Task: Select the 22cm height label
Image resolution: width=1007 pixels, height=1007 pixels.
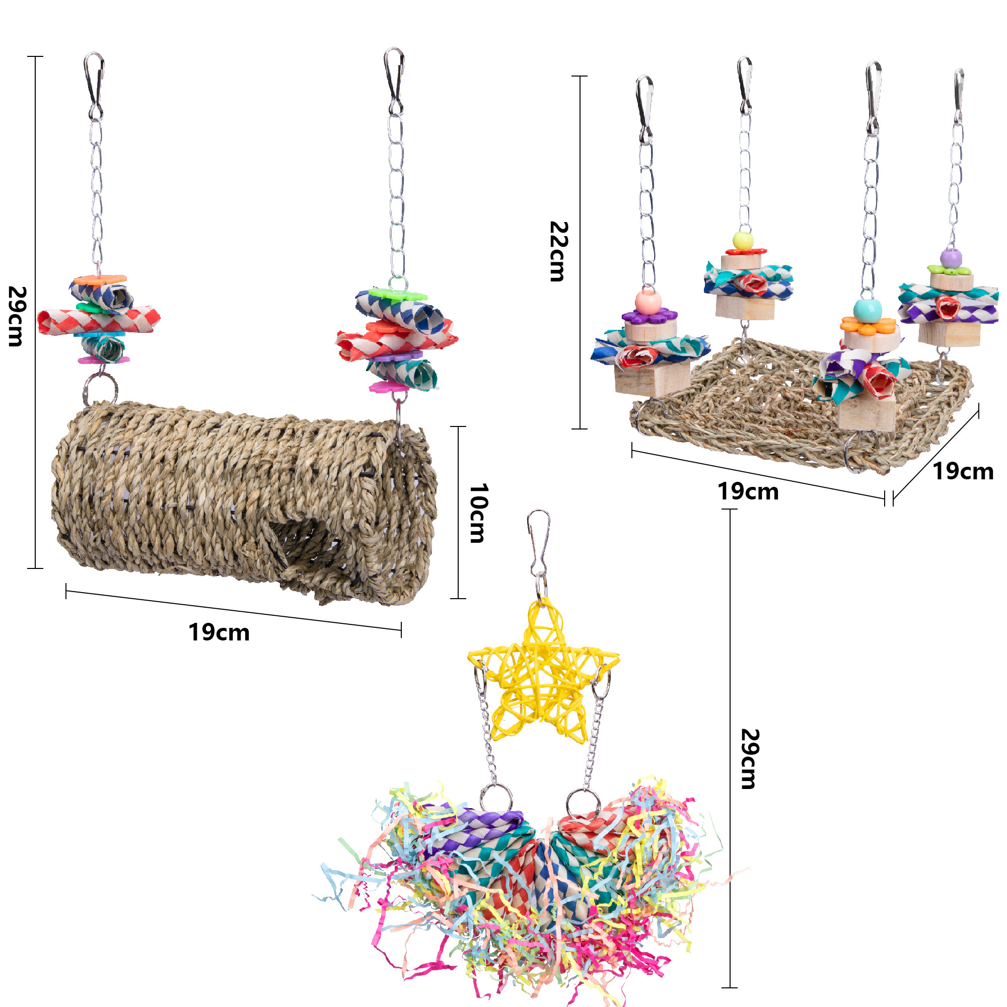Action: point(558,251)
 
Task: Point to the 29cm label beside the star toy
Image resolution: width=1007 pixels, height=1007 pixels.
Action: point(749,759)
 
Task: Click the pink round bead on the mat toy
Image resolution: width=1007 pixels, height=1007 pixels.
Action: point(648,302)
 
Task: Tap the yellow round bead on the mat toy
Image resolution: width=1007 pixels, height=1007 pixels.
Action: point(743,241)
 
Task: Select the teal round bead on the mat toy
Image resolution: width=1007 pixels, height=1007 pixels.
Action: point(868,310)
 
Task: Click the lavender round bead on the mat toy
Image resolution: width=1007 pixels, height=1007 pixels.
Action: point(951,258)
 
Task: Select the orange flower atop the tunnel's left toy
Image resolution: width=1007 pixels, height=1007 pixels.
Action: point(99,280)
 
